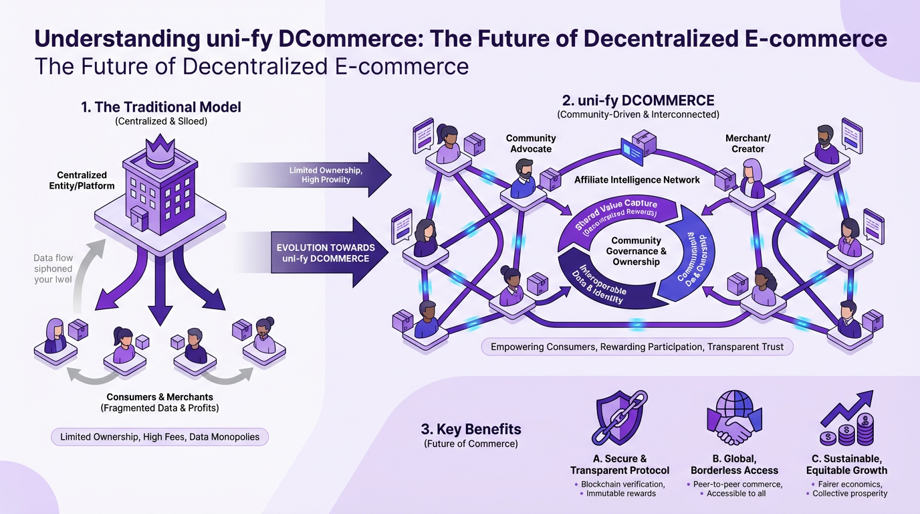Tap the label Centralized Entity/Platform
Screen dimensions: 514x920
coord(82,181)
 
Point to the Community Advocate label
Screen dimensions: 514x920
coord(531,143)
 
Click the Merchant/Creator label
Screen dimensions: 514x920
coord(747,143)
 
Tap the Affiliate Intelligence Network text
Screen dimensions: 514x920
coord(637,179)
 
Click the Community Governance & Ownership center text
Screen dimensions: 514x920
coord(637,251)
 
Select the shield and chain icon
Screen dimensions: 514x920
coord(618,419)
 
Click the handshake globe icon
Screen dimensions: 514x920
coord(734,418)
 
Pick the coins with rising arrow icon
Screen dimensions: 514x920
coord(846,419)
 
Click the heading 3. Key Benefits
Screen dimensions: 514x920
coord(471,429)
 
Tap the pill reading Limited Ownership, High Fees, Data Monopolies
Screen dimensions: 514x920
coord(160,437)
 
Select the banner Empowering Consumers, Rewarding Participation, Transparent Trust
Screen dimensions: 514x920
coord(637,347)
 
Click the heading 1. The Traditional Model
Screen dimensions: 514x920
coord(160,107)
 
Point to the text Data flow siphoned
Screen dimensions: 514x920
coord(53,263)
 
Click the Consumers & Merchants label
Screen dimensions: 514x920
coord(160,398)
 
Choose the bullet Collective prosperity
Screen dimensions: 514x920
coord(849,493)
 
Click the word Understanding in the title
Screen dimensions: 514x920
coord(114,39)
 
